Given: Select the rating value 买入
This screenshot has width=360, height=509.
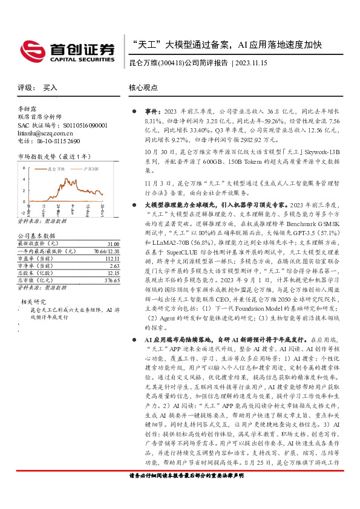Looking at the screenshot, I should [x=50, y=88].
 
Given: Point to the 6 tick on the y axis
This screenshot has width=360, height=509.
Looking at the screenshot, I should [x=24, y=167].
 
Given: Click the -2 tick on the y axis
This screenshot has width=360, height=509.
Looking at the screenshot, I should [x=23, y=212].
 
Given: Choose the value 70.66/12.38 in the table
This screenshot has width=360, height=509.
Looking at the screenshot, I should [x=103, y=250].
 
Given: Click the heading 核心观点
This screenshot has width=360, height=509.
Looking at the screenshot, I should [x=143, y=88].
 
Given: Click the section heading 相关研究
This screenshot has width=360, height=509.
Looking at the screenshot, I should [x=33, y=300].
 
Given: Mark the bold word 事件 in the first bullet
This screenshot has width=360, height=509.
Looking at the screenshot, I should [x=152, y=112].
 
